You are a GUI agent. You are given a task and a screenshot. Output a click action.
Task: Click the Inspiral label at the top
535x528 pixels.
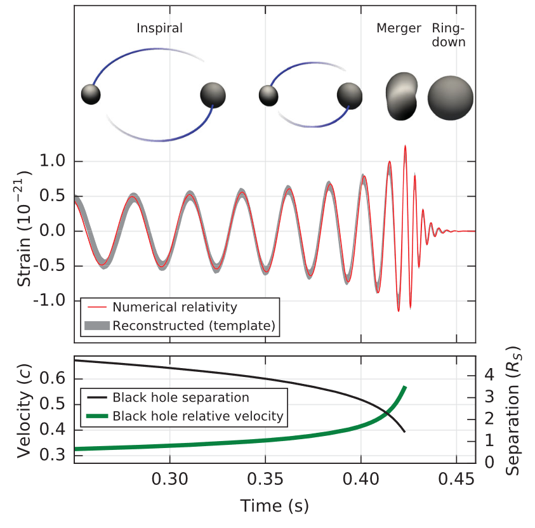tap(159, 29)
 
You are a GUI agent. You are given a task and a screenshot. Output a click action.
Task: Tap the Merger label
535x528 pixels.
tap(399, 29)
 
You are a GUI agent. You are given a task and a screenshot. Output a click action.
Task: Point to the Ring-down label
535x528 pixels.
tap(449, 36)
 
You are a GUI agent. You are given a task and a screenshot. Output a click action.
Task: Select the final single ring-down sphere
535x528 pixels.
tap(450, 98)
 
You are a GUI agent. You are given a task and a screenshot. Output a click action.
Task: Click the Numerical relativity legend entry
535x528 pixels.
tap(175, 307)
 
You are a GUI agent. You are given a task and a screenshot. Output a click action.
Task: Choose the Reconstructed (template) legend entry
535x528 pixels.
tap(194, 327)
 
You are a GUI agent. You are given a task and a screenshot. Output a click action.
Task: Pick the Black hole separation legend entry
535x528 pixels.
tap(180, 398)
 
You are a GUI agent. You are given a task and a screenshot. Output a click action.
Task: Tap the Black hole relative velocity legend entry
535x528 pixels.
tap(197, 416)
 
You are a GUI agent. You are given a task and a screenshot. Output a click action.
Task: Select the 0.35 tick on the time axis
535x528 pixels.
tap(265, 480)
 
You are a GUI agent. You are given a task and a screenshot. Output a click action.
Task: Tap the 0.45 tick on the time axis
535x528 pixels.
tap(456, 480)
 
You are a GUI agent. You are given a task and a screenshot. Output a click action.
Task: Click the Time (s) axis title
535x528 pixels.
tap(274, 505)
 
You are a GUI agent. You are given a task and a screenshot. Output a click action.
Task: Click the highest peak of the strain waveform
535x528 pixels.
tap(404, 146)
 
